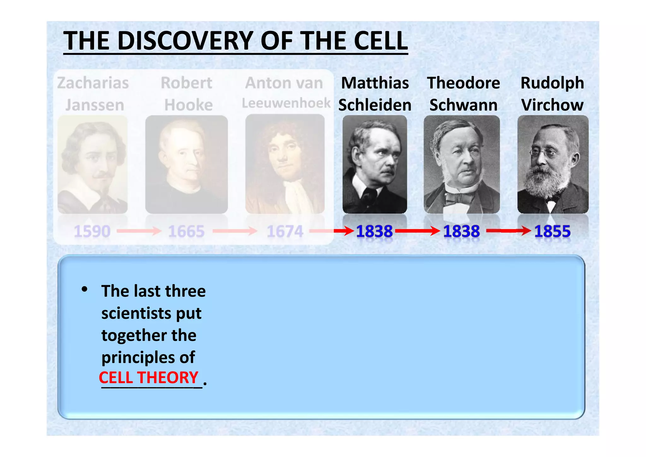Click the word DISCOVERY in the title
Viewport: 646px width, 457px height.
[187, 41]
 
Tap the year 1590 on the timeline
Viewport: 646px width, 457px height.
[92, 231]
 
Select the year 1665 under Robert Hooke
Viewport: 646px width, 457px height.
[186, 231]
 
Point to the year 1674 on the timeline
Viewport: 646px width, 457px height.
[285, 231]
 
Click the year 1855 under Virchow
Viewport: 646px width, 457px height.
[552, 231]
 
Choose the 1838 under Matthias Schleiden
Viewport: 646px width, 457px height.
[374, 231]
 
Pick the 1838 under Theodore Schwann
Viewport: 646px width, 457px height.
[461, 231]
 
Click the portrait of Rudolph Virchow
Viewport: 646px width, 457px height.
[553, 164]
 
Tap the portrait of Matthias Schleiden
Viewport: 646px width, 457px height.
[375, 164]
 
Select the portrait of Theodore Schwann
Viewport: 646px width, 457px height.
[462, 164]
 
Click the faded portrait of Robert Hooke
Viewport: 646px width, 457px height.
[186, 164]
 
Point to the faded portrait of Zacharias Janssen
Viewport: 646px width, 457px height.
[92, 164]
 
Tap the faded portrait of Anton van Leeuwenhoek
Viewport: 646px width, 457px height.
[285, 164]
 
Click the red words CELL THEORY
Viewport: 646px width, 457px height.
[149, 377]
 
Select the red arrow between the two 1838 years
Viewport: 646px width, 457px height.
[417, 231]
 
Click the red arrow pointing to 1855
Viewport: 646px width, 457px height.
[508, 231]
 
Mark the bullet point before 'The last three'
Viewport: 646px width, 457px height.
[84, 289]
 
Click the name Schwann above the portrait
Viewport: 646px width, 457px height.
[463, 105]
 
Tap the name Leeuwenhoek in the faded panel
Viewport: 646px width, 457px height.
[286, 103]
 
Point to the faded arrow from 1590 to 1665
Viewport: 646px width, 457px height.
[139, 231]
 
